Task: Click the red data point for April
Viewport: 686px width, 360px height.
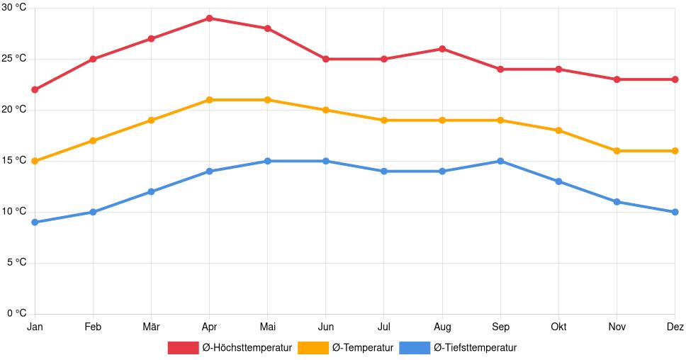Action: [x=209, y=18]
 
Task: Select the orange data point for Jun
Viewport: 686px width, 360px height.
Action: [x=325, y=110]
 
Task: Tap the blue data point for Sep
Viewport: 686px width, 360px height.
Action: [x=500, y=161]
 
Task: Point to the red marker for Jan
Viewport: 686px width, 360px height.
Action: [x=35, y=90]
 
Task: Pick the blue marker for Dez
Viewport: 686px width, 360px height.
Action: [x=675, y=212]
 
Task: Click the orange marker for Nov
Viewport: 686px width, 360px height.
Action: [x=617, y=151]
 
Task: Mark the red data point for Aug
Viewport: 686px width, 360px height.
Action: [x=442, y=49]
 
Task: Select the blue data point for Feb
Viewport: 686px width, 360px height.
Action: [x=93, y=212]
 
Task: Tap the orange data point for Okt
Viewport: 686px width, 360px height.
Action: [x=558, y=130]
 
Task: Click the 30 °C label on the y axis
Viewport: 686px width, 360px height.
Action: [x=13, y=8]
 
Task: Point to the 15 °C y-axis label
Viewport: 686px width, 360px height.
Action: [x=13, y=161]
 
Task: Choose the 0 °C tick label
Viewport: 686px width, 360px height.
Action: [x=16, y=314]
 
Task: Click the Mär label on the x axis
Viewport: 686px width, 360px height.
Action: [x=151, y=327]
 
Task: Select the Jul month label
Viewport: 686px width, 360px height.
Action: [x=383, y=327]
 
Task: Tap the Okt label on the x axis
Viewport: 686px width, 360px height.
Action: [x=558, y=327]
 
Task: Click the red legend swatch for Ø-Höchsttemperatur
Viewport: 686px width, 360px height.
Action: [x=183, y=348]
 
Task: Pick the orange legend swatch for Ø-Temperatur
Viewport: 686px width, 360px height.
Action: [x=313, y=348]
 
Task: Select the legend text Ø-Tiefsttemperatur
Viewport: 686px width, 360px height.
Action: [x=475, y=348]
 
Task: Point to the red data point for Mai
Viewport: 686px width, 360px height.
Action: [x=267, y=28]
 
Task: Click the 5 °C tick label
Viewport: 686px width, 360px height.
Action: [x=16, y=263]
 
